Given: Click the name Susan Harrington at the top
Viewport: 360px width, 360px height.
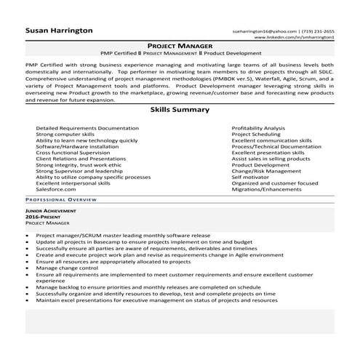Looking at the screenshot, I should [59, 31].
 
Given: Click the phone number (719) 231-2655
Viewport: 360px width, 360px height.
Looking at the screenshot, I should [318, 31].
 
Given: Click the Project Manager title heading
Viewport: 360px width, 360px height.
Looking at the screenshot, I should [179, 45].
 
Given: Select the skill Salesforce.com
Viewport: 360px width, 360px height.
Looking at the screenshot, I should [55, 191].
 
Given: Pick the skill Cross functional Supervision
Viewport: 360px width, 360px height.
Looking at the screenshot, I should [73, 153].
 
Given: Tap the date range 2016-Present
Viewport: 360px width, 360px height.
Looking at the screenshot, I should [41, 217].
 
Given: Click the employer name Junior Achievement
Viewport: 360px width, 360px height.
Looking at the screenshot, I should [49, 211].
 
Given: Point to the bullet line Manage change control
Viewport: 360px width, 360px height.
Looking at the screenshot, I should [66, 268].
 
